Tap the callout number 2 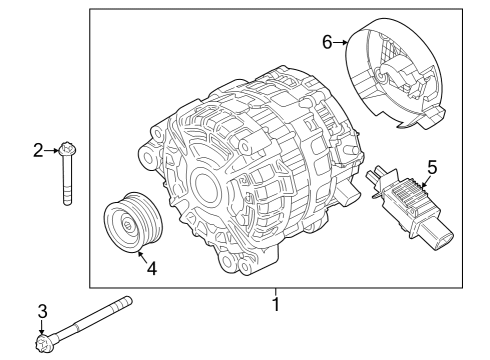click(x=39, y=151)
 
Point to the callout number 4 click(x=151, y=268)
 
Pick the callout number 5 click(x=432, y=166)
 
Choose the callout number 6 click(x=326, y=42)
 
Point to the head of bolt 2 click(x=67, y=152)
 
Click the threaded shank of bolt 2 click(x=68, y=185)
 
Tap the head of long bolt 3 click(x=43, y=344)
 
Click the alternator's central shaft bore click(x=202, y=188)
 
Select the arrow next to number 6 click(x=341, y=43)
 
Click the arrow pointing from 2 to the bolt click(x=53, y=151)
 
